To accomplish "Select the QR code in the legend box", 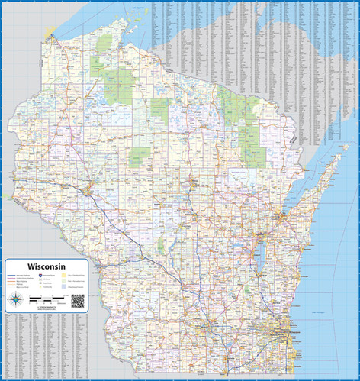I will pyautogui.click(x=77, y=300).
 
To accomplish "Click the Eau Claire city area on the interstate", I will pyautogui.click(x=90, y=187).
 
